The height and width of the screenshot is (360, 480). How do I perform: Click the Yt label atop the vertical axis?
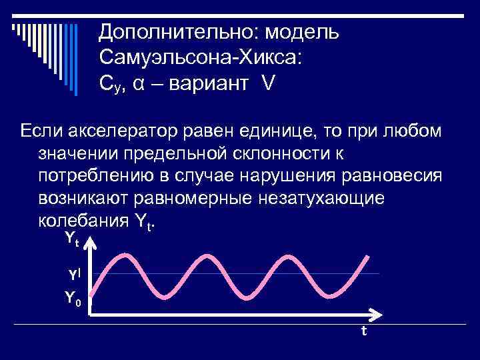click(71, 239)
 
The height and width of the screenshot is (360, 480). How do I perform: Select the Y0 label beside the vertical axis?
click(72, 298)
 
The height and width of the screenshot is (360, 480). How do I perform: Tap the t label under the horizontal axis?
click(363, 331)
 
